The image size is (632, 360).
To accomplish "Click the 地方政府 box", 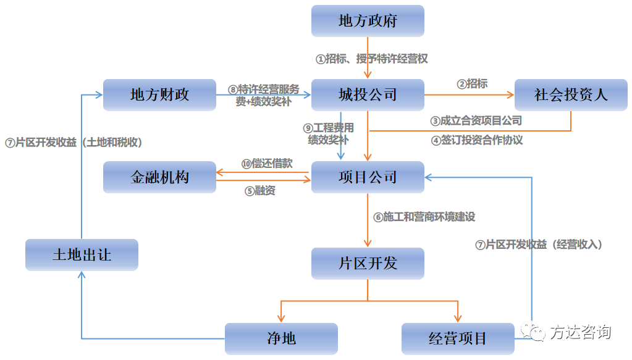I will (368, 21).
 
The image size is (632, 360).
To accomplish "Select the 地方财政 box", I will (159, 95).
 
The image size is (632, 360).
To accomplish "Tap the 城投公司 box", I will (368, 95).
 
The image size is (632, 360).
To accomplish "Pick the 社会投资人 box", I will (571, 95).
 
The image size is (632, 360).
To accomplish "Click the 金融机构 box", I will (159, 177).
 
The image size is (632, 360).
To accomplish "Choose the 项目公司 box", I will (368, 177).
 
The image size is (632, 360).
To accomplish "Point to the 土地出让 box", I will (82, 255).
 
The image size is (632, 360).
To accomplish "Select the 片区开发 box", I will (368, 264).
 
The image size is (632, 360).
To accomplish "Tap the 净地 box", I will (281, 338).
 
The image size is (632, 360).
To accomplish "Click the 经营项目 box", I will (457, 338).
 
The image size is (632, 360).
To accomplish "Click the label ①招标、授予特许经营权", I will (372, 59).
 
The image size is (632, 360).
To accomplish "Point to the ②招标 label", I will (472, 83).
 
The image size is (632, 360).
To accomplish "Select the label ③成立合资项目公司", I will (476, 121).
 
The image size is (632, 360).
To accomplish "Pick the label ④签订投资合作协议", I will (477, 140).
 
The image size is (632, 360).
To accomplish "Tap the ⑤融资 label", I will (259, 191).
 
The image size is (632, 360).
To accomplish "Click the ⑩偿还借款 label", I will (266, 164).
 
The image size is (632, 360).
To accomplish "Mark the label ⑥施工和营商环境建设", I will (424, 217).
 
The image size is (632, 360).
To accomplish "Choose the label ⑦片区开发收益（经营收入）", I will (539, 245).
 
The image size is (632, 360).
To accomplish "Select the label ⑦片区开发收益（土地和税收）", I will (74, 142).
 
